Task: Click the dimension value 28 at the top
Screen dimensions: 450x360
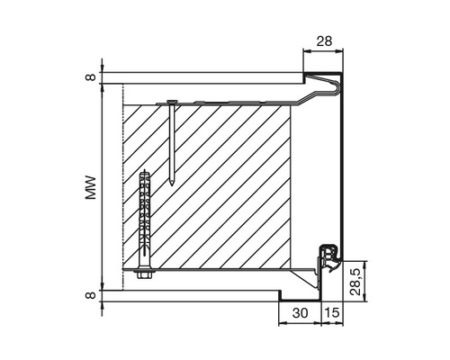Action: (324, 41)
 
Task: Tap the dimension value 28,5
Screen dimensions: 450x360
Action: (355, 282)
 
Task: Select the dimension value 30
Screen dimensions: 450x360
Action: (300, 313)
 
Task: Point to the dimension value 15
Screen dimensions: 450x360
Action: (333, 313)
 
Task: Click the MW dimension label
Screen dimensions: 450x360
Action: (90, 187)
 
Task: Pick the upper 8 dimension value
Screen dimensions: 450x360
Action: (90, 77)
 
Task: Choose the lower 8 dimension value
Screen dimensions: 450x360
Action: (90, 295)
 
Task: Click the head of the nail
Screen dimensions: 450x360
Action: (172, 102)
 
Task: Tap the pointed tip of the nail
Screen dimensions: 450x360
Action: (172, 184)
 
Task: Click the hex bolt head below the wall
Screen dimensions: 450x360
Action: (145, 274)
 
